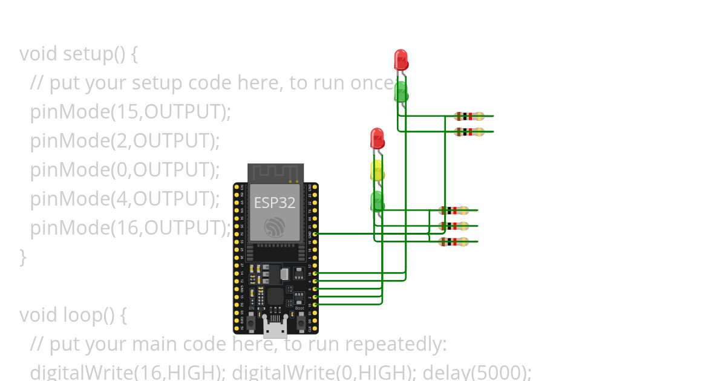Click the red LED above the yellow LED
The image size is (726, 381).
click(377, 138)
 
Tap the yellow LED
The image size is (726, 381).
click(377, 170)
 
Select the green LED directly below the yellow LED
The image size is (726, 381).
click(377, 201)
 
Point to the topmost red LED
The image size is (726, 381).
click(401, 59)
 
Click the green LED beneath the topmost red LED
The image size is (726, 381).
click(401, 92)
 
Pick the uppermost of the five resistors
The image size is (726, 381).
click(469, 116)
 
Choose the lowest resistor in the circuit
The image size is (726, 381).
click(454, 242)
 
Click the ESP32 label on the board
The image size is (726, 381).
click(275, 203)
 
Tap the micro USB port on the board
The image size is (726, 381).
click(275, 327)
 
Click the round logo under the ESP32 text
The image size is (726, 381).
click(275, 227)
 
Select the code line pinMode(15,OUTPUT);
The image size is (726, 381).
click(131, 112)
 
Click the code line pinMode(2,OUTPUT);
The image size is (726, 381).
click(125, 141)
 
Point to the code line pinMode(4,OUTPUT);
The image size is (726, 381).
click(125, 199)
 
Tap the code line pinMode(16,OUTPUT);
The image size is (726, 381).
click(131, 228)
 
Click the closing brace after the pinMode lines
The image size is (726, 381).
click(23, 257)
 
